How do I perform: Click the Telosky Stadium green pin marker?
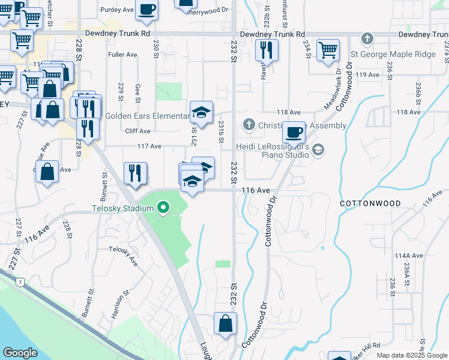pos(163,209)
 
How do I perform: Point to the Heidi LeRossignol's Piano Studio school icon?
pos(318,149)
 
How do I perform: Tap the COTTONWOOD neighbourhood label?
pos(370,203)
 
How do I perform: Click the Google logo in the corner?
pos(20,352)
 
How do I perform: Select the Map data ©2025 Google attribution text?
pos(412,355)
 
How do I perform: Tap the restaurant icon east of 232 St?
pos(267,50)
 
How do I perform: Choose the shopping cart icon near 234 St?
pos(328,51)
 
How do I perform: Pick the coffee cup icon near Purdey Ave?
pos(146,9)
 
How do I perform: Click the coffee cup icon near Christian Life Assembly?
pos(294,132)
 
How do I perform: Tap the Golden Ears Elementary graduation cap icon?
pos(202,112)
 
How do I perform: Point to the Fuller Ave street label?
pos(122,55)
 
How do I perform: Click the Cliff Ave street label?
pos(137,131)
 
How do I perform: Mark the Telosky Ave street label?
pos(123,257)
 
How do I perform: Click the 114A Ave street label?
pos(409,255)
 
